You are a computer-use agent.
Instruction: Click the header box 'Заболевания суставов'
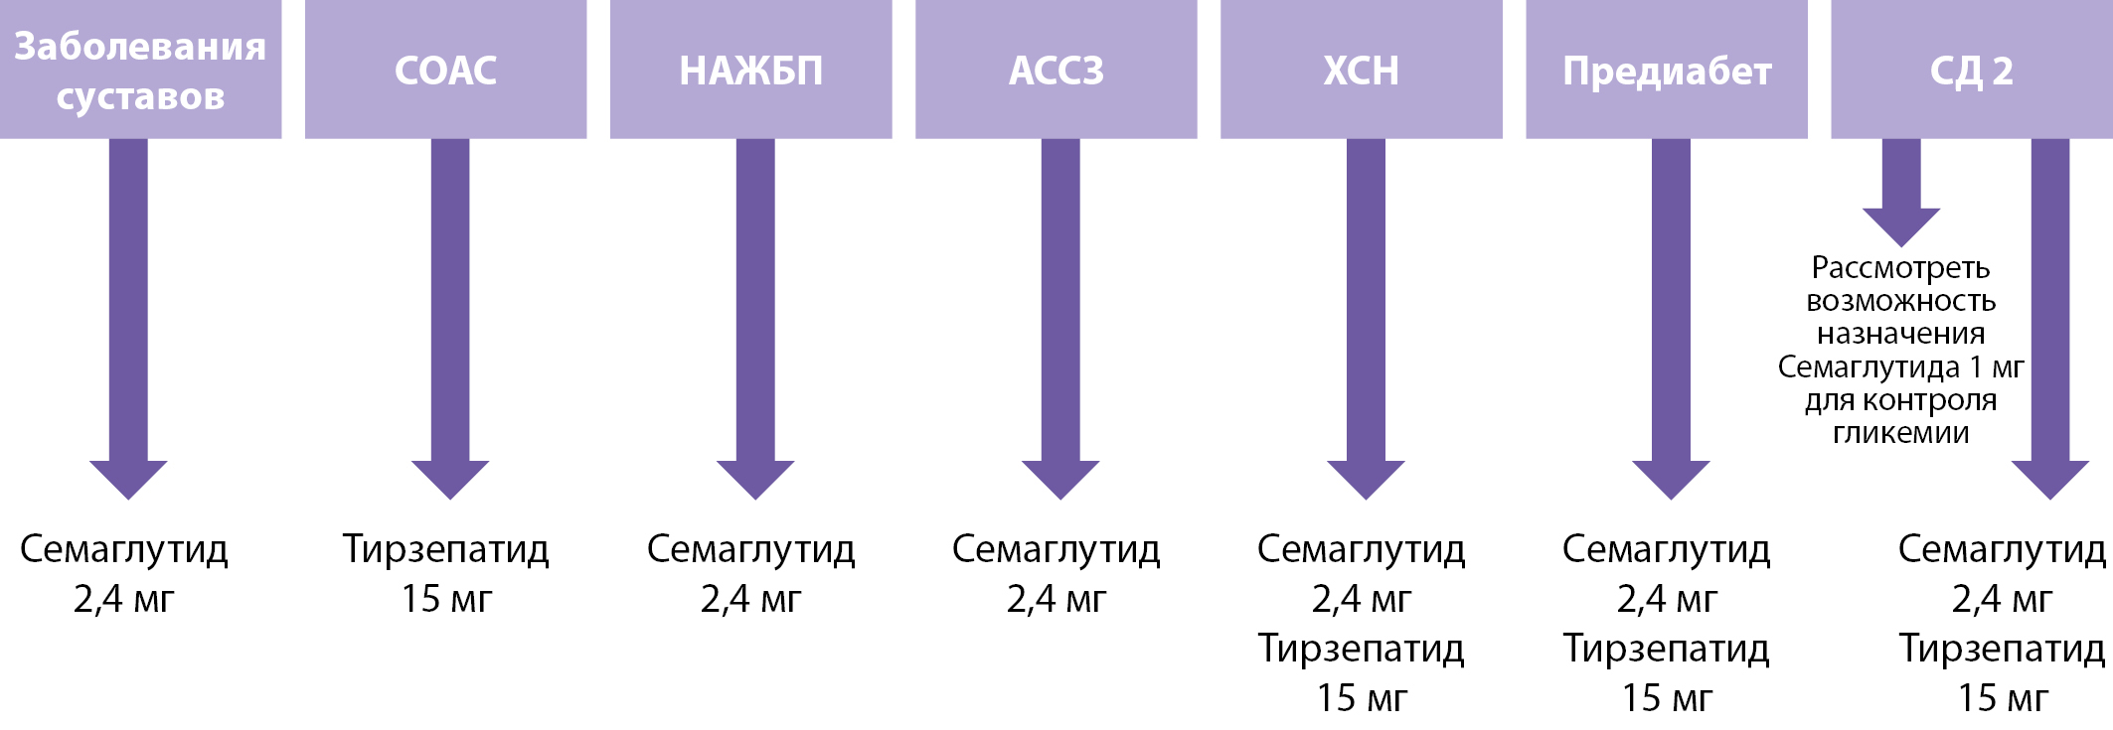pos(140,70)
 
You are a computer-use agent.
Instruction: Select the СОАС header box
pos(445,70)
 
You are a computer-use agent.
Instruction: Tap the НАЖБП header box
pos(750,70)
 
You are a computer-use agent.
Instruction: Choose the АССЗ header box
pos(1056,70)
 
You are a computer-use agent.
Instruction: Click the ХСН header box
pos(1361,70)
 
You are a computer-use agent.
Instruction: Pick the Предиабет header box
pos(1666,70)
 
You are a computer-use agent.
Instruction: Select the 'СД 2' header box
pos(1971,70)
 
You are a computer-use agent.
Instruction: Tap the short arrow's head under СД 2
pos(1900,225)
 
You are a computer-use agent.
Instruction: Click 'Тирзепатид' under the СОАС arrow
pos(445,549)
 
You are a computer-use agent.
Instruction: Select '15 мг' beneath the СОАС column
pos(446,599)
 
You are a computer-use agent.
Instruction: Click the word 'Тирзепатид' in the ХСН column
pos(1361,649)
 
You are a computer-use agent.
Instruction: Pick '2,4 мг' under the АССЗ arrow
pos(1056,599)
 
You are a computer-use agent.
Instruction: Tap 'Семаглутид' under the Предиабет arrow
pos(1666,549)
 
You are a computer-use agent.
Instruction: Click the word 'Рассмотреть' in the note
pos(1900,268)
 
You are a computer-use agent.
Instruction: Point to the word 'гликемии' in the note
pos(1900,433)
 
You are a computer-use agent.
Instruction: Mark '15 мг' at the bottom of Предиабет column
pos(1667,698)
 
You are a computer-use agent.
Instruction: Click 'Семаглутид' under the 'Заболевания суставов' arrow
pos(124,549)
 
